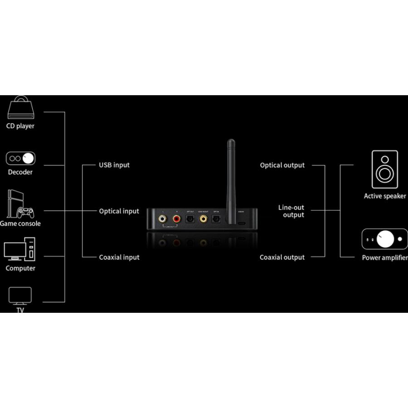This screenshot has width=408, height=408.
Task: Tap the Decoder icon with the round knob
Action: pyautogui.click(x=20, y=158)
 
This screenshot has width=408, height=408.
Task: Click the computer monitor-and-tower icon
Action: pyautogui.click(x=20, y=251)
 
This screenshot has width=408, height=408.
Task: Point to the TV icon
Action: pyautogui.click(x=20, y=296)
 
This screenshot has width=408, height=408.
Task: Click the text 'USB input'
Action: pyautogui.click(x=114, y=165)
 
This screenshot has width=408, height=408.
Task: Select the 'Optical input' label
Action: pyautogui.click(x=119, y=211)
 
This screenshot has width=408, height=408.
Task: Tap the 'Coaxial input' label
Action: pyautogui.click(x=119, y=257)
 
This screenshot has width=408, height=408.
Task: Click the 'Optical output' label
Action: pyautogui.click(x=282, y=165)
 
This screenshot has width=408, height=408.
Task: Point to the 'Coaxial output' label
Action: pyautogui.click(x=282, y=257)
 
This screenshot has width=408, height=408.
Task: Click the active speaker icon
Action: pyautogui.click(x=385, y=170)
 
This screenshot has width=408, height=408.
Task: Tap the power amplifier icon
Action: pyautogui.click(x=384, y=239)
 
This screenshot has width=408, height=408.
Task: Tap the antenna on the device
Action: pyautogui.click(x=231, y=172)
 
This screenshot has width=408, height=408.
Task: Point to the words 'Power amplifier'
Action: pyautogui.click(x=384, y=258)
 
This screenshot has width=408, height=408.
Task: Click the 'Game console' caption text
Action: pyautogui.click(x=20, y=223)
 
